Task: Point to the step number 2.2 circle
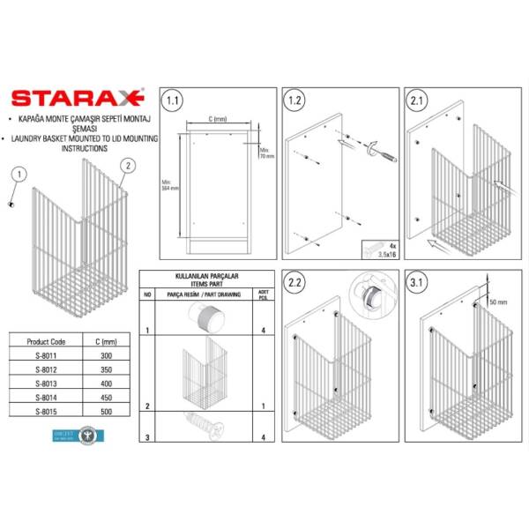(296, 283)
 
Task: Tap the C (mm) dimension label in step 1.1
(217, 118)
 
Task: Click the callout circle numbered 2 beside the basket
(128, 166)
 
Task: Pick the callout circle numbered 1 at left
(14, 175)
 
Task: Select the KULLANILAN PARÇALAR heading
(203, 276)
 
